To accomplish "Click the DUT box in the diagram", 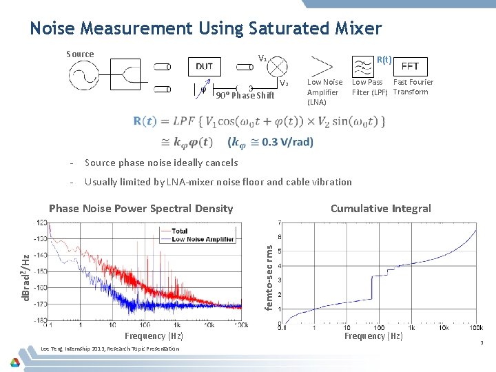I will coord(204,66).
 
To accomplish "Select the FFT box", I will coord(410,66).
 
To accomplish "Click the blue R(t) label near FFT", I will coord(384,59).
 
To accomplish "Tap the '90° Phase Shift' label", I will coord(245,96).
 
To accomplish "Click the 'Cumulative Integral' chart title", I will coord(380,209).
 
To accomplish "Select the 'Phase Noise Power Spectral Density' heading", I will coord(141,209).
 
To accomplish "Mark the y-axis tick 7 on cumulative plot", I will coord(278,223).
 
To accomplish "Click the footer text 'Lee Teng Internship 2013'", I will coord(72,349).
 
